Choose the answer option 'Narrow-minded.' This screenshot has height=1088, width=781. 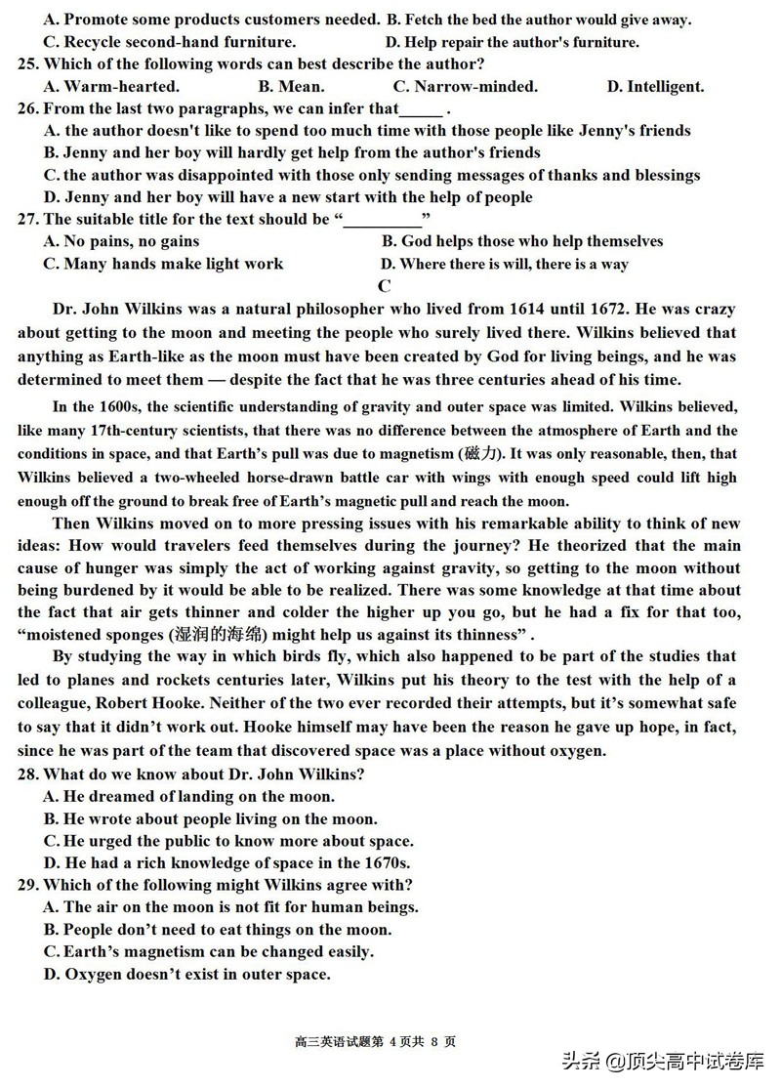[465, 87]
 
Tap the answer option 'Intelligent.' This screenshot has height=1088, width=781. [655, 87]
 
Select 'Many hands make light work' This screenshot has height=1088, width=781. [163, 264]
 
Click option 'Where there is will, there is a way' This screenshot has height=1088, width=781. [504, 264]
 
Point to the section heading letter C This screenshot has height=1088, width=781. [385, 286]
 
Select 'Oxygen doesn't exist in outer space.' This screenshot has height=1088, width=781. [186, 974]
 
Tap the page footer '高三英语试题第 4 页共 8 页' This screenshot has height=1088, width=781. [375, 1041]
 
